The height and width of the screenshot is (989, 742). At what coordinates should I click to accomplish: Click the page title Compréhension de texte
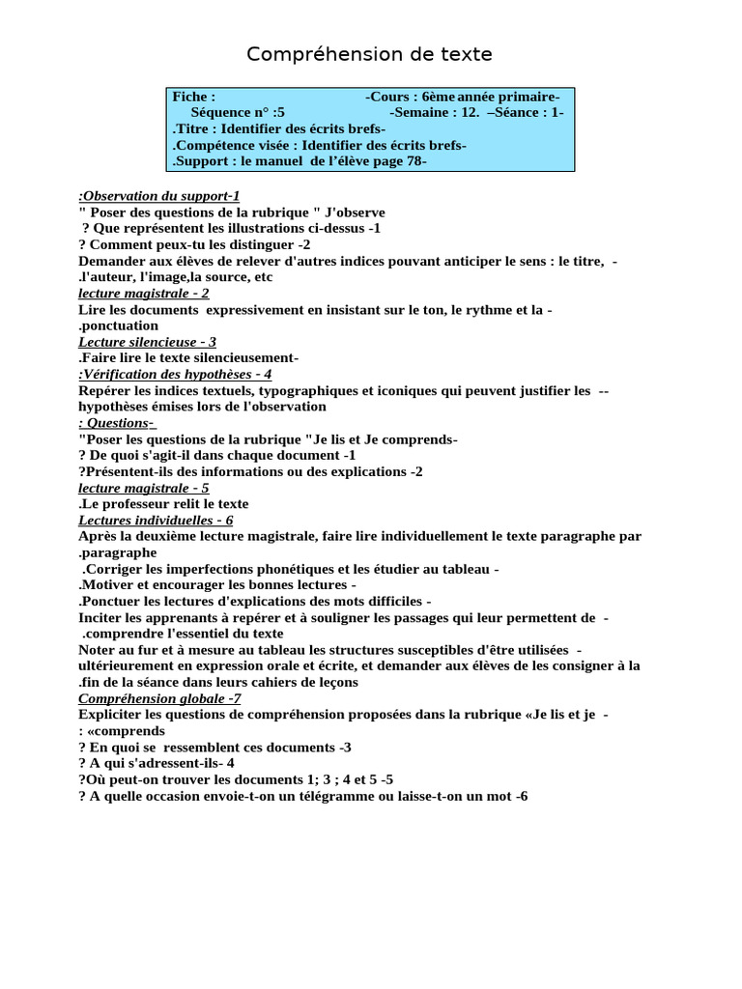369,54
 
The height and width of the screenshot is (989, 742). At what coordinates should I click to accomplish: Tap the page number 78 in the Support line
412,161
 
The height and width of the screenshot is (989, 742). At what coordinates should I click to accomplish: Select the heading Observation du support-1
159,195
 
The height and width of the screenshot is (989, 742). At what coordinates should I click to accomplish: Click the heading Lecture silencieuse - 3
147,342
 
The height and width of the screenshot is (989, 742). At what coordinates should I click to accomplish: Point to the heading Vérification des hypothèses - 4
175,374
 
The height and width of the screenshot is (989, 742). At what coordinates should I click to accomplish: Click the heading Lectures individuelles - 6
156,520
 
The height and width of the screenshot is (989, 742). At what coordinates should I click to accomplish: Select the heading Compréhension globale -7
159,698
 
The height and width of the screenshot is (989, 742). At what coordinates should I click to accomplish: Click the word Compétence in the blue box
215,145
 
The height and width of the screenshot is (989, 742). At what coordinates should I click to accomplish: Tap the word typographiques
291,390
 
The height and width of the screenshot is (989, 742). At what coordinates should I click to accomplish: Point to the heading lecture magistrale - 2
143,293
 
